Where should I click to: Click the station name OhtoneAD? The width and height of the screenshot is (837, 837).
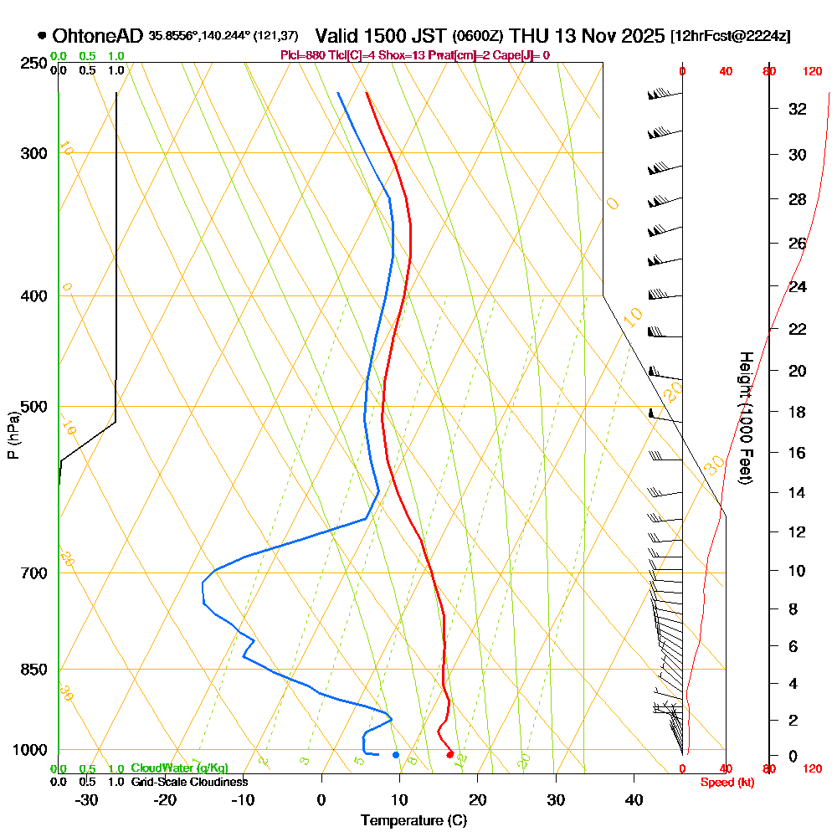pos(98,36)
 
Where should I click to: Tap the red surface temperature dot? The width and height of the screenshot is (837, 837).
pos(450,755)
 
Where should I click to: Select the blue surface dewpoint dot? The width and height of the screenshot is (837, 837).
pos(396,755)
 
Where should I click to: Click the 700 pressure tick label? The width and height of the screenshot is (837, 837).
pos(33,573)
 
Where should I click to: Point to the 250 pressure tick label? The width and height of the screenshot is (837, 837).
pos(33,63)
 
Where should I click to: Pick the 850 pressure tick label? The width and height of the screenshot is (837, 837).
pos(33,670)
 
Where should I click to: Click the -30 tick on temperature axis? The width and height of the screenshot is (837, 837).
pos(86,799)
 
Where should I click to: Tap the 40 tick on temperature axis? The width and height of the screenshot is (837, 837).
pos(634,799)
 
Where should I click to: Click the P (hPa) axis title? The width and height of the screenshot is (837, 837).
pos(13,434)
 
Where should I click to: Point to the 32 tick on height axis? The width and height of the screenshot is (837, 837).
pos(798,109)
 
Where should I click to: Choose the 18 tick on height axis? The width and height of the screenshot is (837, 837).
pos(798,412)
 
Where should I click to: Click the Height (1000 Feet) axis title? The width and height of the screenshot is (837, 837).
pos(745,418)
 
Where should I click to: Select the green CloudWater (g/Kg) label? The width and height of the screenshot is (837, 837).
pos(179,768)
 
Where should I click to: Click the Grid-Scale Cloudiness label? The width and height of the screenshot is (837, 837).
pos(189,782)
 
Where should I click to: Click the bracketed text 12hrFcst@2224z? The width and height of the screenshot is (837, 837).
pos(730,37)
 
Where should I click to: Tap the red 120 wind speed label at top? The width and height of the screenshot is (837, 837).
pos(812,72)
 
